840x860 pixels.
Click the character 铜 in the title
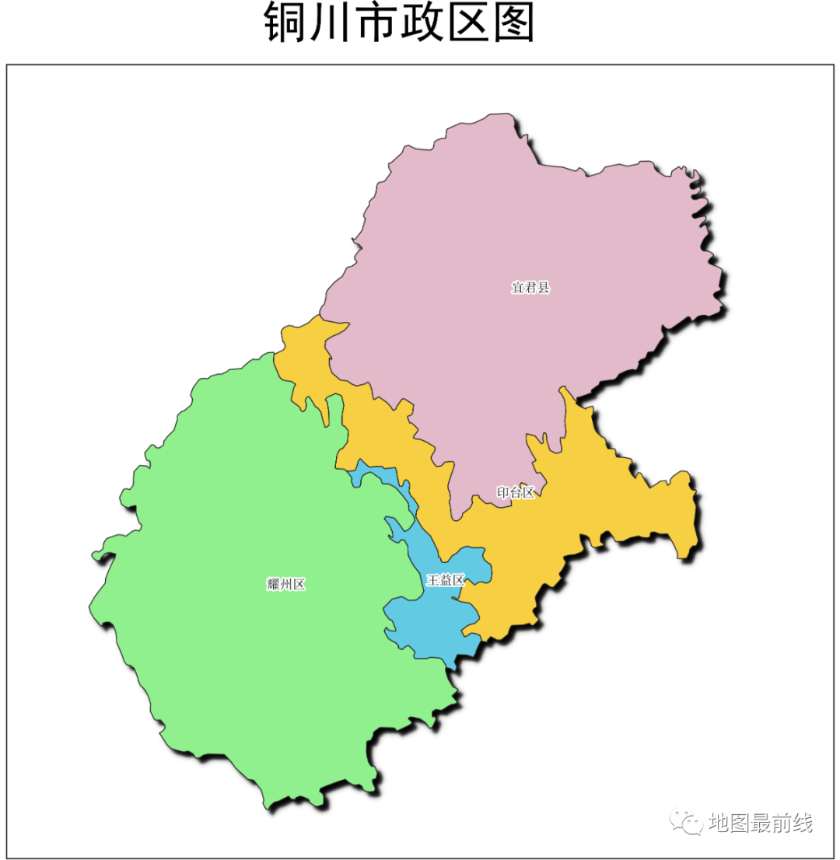[x=285, y=24]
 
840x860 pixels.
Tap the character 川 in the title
[x=331, y=24]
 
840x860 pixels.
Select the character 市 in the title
[x=376, y=24]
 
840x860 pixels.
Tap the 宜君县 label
[x=530, y=288]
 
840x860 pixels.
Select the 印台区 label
[x=516, y=492]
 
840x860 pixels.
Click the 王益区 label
[x=446, y=580]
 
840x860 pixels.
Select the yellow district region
[x=614, y=505]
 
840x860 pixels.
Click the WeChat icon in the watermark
[x=687, y=822]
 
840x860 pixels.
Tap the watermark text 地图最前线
[x=761, y=823]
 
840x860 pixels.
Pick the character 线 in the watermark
[x=803, y=823]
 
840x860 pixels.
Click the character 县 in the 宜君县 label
[x=544, y=288]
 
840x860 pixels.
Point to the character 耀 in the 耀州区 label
[x=273, y=585]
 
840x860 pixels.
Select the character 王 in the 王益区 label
[x=432, y=580]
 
